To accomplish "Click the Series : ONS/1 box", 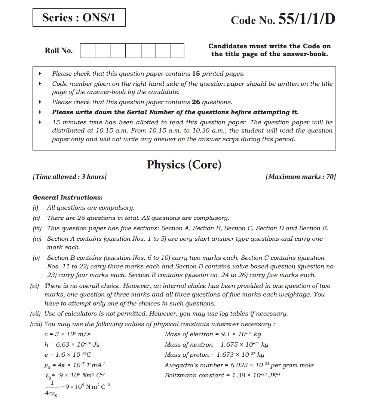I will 79,18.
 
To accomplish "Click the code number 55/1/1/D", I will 283,20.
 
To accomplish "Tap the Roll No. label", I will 59,51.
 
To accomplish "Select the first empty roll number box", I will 88,51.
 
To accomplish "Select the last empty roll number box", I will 177,51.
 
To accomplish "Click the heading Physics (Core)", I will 184,165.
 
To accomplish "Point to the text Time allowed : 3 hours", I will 70,177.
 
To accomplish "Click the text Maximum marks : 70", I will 300,177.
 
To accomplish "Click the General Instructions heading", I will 68,197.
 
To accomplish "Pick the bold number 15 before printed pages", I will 196,74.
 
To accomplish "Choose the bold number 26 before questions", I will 196,102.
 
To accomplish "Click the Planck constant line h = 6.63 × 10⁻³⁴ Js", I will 72,344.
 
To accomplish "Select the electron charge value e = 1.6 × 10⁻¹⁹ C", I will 68,355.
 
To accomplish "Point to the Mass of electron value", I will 212,334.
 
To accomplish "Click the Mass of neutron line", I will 216,344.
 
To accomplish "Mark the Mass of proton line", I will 214,355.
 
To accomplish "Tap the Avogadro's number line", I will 239,365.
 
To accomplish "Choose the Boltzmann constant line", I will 223,375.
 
